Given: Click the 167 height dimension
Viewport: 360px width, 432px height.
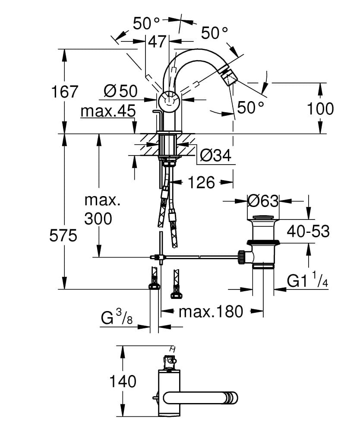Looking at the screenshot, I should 65,92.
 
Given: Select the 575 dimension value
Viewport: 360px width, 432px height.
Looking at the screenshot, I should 63,236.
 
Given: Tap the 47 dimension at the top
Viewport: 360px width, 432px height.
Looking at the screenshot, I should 157,41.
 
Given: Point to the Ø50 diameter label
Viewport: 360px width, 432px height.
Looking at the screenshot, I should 120,91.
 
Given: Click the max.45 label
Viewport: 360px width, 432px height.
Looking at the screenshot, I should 108,111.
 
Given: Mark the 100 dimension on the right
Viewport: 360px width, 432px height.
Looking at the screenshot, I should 320,109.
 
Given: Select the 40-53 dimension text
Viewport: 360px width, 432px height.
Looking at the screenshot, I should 308,232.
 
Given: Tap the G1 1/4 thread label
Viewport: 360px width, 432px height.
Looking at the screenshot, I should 308,282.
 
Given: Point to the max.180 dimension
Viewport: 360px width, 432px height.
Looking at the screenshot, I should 211,311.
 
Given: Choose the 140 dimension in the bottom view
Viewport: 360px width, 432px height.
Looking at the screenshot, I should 123,381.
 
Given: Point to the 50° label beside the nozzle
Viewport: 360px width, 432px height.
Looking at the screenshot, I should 249,108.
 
